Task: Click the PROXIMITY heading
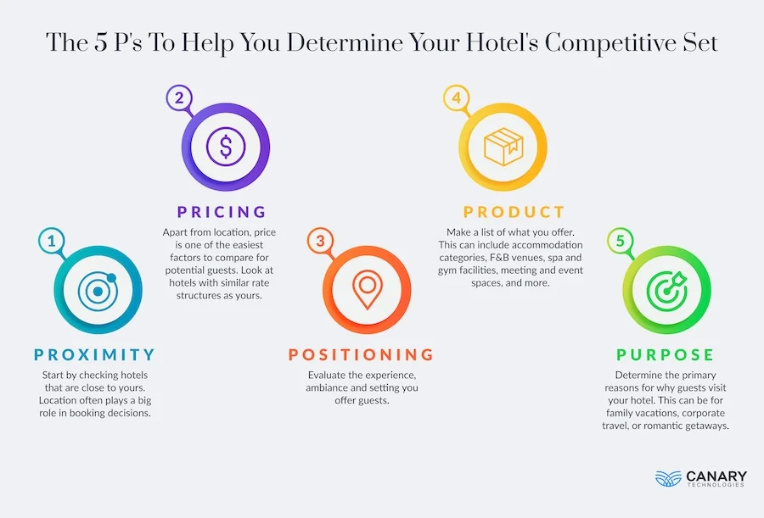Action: (x=95, y=354)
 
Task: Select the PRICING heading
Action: (x=222, y=211)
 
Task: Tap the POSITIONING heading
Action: (x=362, y=354)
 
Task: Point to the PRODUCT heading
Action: (x=514, y=211)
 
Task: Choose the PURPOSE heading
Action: (x=666, y=354)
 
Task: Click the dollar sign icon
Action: (x=226, y=147)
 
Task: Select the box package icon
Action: (x=503, y=146)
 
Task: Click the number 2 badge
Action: (x=179, y=97)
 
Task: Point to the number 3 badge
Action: (x=320, y=242)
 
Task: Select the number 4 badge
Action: (x=457, y=97)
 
